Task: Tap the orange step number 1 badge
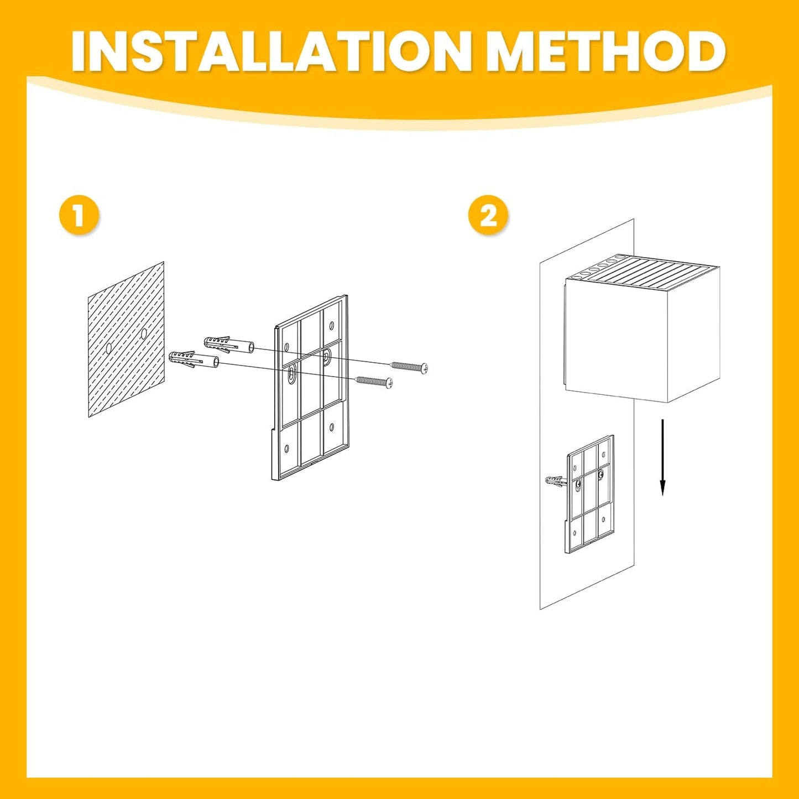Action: pos(80,217)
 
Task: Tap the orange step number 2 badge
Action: pos(489,217)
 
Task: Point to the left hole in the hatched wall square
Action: pos(108,347)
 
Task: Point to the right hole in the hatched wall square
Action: pos(143,333)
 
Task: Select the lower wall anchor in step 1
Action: pos(195,360)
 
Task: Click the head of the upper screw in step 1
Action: pos(424,368)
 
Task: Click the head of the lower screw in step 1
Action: pos(389,383)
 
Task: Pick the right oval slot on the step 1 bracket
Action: pos(327,357)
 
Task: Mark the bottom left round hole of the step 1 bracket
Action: pos(286,448)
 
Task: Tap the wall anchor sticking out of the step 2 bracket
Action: pos(555,481)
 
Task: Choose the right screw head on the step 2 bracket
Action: pos(601,473)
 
